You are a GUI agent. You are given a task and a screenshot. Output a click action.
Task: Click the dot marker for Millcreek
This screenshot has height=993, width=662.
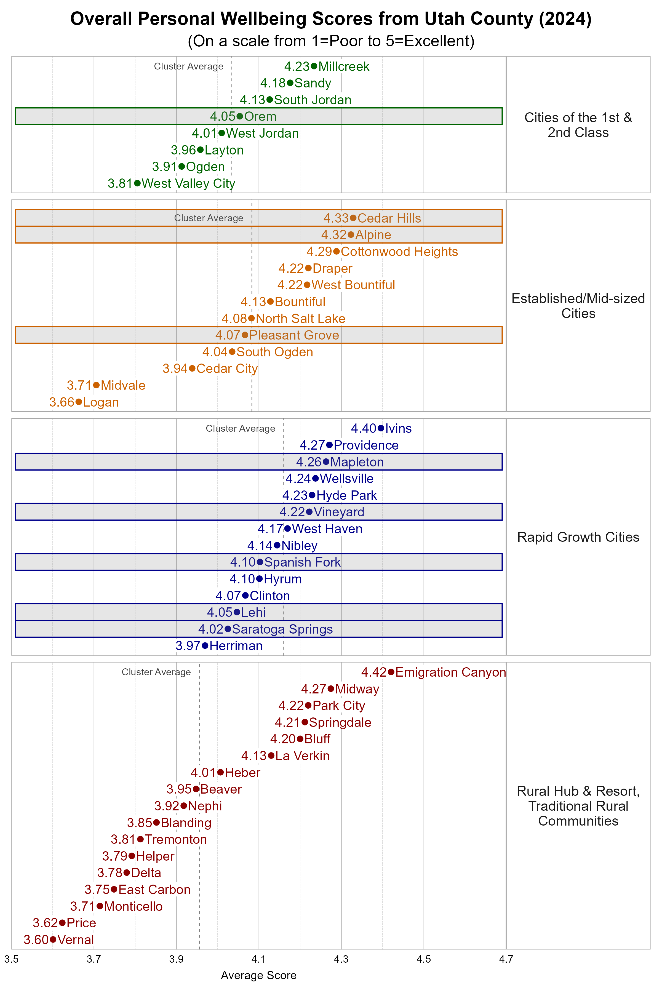tap(314, 66)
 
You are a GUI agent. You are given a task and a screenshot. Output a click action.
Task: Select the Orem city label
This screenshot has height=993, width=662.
tap(260, 116)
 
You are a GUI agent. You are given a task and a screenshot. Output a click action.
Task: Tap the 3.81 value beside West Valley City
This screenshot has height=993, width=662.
tap(120, 184)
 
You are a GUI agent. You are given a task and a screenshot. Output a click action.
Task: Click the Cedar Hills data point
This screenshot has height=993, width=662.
tap(353, 218)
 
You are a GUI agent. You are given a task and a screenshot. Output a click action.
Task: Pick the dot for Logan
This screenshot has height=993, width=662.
tap(79, 402)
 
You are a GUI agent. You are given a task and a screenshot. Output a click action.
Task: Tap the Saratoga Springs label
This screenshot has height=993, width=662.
tap(282, 629)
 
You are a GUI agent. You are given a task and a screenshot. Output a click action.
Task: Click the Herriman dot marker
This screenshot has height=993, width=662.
tap(205, 645)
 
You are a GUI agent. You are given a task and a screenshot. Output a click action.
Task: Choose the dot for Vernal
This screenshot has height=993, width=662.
tap(53, 939)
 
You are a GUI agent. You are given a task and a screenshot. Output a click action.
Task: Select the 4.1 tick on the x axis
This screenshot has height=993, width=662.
tap(259, 959)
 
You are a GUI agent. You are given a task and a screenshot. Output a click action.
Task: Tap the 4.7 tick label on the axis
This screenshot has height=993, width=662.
tap(506, 959)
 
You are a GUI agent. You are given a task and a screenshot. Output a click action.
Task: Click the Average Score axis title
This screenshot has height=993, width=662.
tap(258, 975)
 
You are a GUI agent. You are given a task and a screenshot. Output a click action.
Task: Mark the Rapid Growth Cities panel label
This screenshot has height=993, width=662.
tap(578, 537)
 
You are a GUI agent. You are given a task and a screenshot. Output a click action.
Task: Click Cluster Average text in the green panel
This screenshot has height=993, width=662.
tap(188, 66)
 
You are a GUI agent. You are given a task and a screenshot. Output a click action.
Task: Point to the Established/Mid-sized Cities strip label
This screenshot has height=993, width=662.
tap(578, 306)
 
